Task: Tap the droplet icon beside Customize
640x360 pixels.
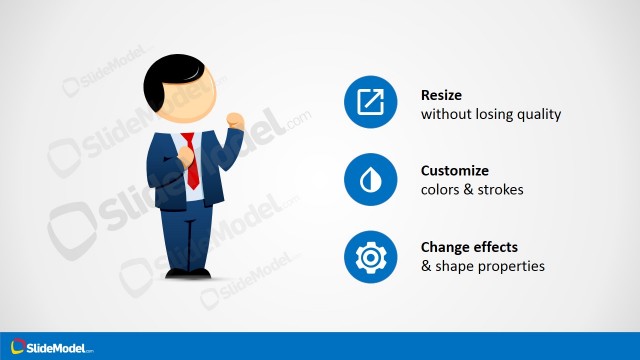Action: click(x=371, y=180)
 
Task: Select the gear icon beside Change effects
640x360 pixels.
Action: click(x=371, y=257)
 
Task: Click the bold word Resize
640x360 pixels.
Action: click(x=443, y=96)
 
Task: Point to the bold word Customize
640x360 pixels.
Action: click(x=456, y=171)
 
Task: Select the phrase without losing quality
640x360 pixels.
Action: click(x=491, y=114)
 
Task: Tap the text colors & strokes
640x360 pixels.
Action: click(x=472, y=190)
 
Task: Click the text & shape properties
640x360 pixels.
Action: click(x=483, y=266)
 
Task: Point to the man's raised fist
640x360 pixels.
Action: click(x=235, y=120)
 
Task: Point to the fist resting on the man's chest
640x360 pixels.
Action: click(x=187, y=155)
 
